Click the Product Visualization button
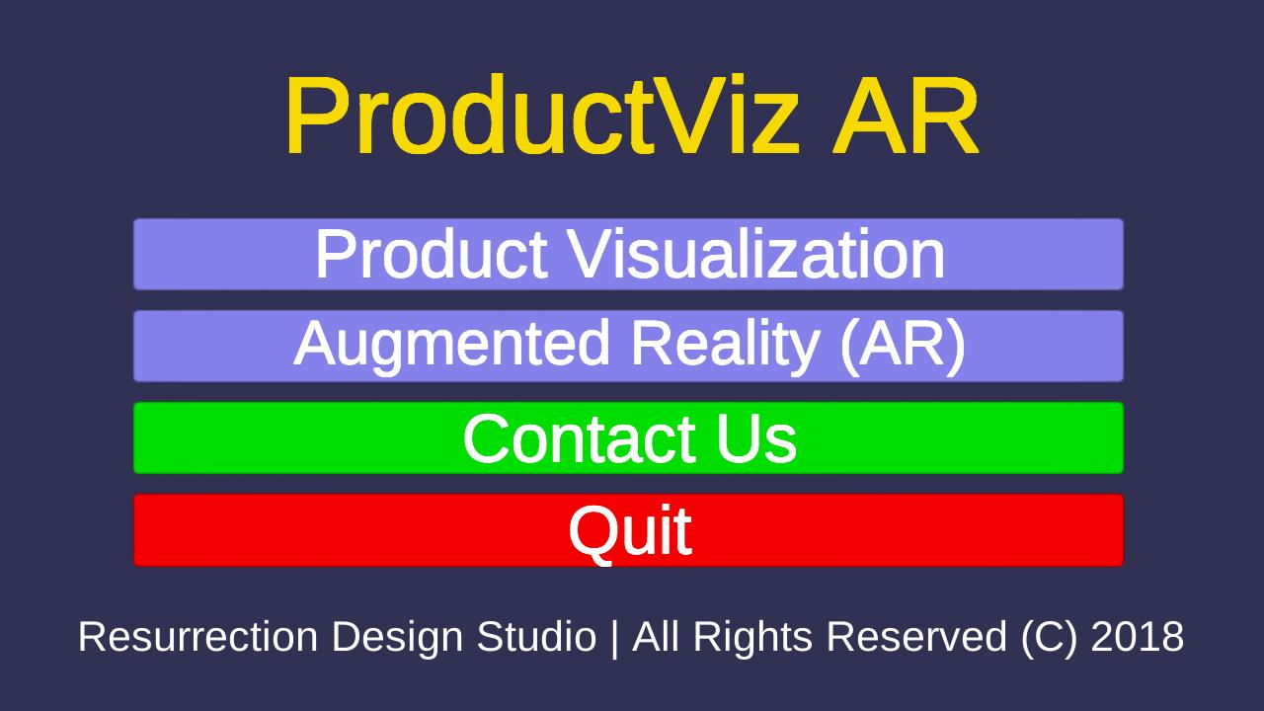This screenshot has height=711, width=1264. click(x=628, y=254)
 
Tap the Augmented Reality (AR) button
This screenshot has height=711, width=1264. click(x=628, y=346)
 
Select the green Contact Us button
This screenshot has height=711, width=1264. click(x=628, y=437)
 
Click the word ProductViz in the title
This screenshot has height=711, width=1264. click(x=543, y=115)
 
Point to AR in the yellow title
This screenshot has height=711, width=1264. click(x=906, y=115)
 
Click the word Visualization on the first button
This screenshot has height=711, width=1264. click(x=756, y=254)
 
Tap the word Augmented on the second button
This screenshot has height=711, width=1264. click(x=451, y=345)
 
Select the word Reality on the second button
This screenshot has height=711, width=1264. click(x=725, y=345)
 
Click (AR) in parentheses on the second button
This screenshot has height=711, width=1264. click(x=903, y=345)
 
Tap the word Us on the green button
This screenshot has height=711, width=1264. click(x=757, y=438)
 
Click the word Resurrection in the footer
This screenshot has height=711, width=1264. click(x=198, y=637)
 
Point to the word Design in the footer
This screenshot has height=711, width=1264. click(x=397, y=638)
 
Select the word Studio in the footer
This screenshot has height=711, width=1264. click(x=536, y=637)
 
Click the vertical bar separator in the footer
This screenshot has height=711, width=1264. click(x=614, y=638)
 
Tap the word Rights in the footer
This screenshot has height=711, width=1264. click(x=752, y=638)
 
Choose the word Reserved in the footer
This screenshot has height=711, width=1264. click(x=917, y=637)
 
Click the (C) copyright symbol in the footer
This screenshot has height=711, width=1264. click(x=1049, y=638)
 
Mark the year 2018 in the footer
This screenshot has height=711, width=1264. click(x=1137, y=637)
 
